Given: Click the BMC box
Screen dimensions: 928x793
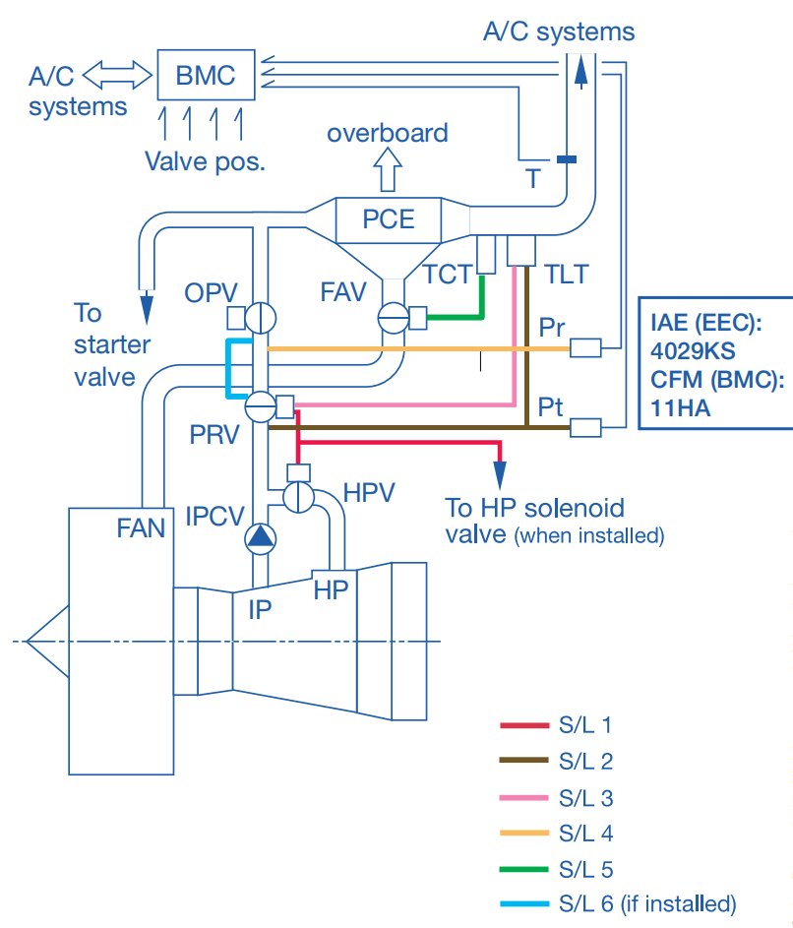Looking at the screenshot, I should pos(206,74).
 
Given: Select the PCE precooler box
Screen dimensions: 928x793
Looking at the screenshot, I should pos(389,218).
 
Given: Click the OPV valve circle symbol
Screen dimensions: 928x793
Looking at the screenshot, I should pos(261,317).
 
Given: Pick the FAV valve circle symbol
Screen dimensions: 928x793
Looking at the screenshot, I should pos(394,317).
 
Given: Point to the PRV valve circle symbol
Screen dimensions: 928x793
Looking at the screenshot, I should pos(261,406).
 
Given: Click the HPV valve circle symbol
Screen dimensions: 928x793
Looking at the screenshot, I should pos(298,497).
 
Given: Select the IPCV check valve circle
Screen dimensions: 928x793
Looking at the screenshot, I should pos(261,537).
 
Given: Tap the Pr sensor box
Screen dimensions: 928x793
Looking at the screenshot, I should pos(585,347).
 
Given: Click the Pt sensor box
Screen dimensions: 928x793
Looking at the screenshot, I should pos(585,427).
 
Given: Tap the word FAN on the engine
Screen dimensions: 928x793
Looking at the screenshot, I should pos(141,528).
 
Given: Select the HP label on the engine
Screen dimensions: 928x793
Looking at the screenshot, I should pos(331,590).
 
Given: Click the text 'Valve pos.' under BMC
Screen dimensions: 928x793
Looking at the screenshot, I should pos(206,160).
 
